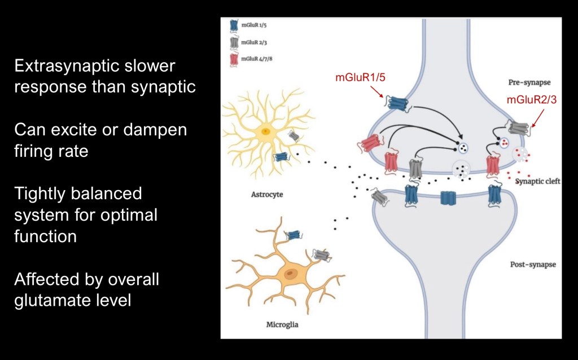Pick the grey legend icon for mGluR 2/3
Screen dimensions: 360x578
[x=233, y=42]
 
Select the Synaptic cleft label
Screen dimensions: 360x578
[x=537, y=182]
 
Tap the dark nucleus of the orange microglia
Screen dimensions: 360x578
[x=290, y=275]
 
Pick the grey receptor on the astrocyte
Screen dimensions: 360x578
[x=294, y=136]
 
